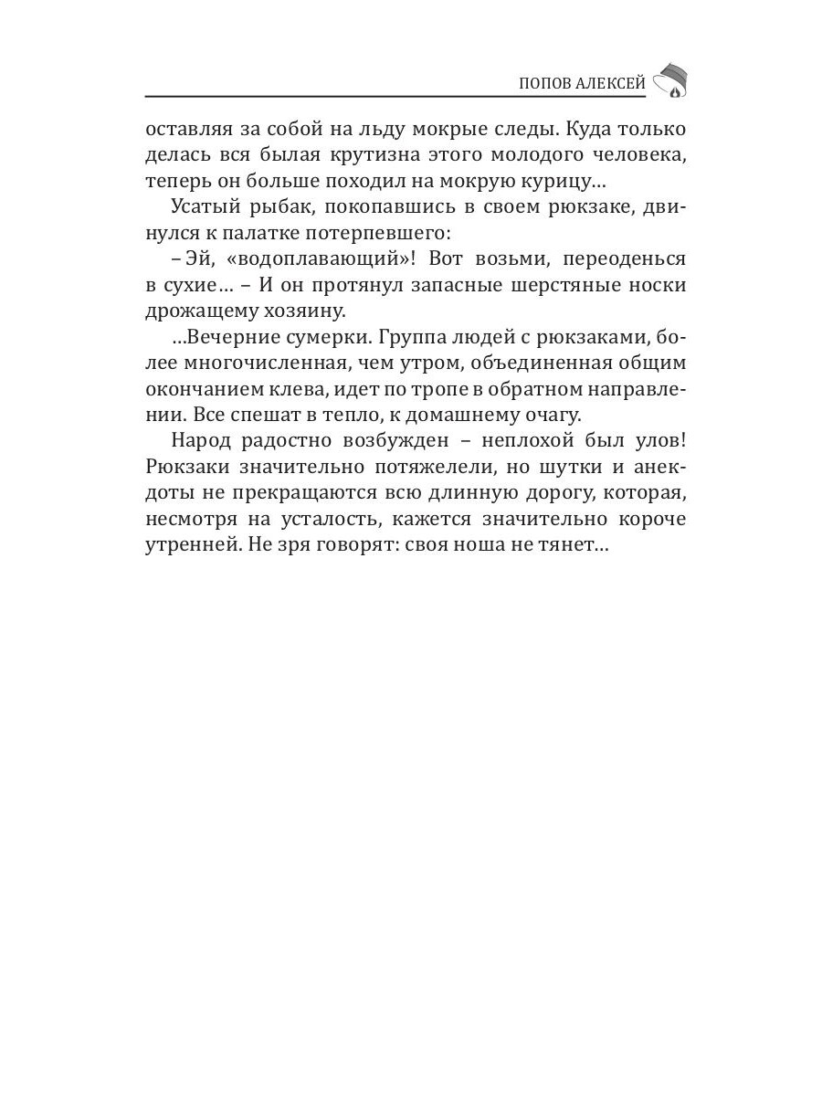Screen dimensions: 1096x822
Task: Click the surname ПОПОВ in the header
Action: click(546, 83)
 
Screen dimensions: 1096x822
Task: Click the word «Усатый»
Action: click(201, 207)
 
